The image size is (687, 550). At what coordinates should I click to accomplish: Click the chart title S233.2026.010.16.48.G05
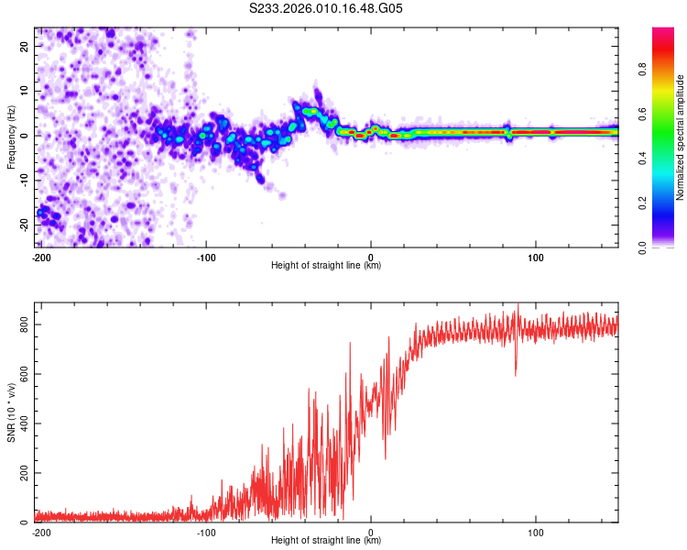tap(327, 8)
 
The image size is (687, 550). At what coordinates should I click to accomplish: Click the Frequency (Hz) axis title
tap(11, 135)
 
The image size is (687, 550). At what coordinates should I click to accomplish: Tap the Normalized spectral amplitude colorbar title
tap(681, 137)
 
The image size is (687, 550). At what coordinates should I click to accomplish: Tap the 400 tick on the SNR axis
tap(21, 423)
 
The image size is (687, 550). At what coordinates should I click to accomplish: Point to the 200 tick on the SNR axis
tap(21, 473)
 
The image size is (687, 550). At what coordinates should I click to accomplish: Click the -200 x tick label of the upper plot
tap(41, 258)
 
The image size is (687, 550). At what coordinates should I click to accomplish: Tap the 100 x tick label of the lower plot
tap(536, 533)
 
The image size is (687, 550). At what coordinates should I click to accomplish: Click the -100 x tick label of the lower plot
tap(206, 533)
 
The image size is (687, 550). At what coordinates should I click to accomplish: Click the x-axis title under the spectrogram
tap(326, 267)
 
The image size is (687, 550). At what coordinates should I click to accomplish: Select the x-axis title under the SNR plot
tap(326, 541)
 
